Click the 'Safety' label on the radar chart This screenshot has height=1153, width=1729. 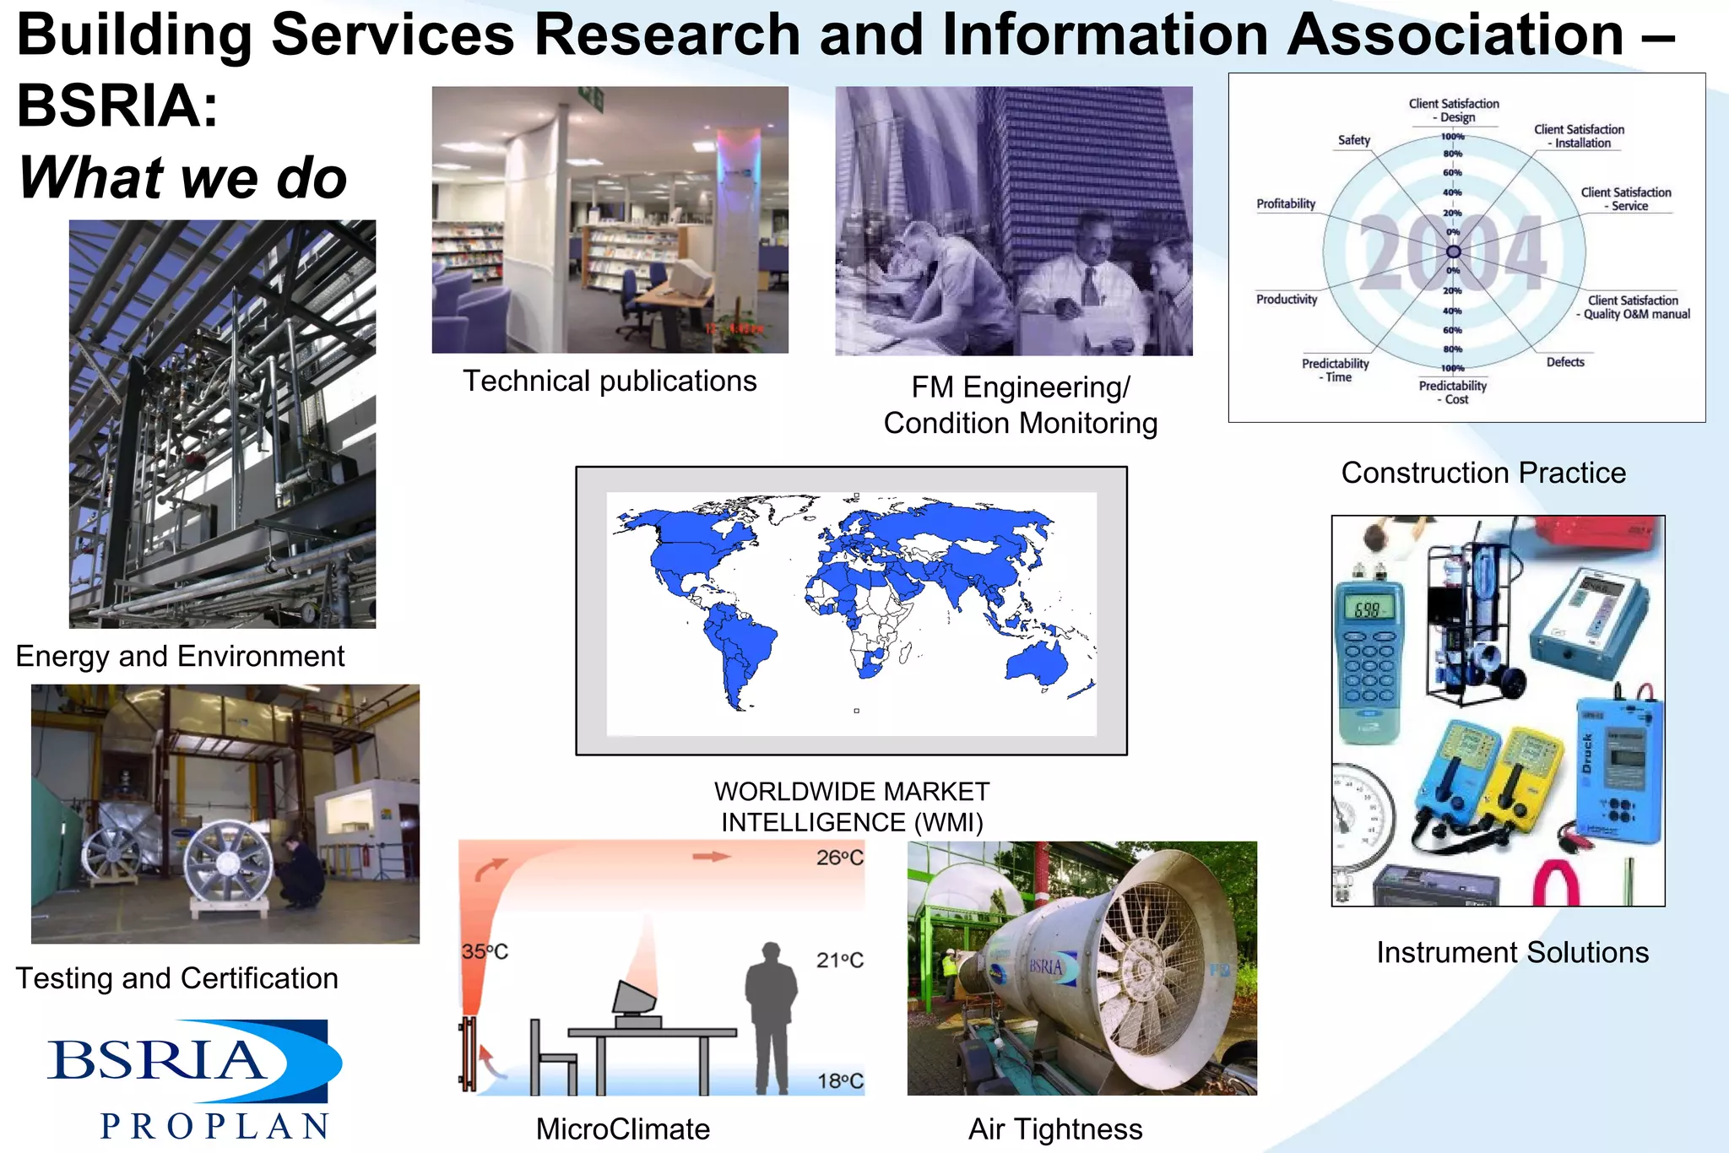[1353, 140]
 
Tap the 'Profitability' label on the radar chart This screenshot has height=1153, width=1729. [1285, 203]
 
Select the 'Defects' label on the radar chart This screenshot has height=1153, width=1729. [1564, 362]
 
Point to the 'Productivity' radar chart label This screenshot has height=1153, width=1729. [1286, 299]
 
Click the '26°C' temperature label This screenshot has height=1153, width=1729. [839, 858]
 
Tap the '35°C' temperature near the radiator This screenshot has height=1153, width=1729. [485, 951]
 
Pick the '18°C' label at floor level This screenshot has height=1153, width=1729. [840, 1080]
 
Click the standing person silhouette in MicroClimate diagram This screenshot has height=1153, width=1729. [771, 1013]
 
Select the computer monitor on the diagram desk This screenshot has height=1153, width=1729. [634, 1000]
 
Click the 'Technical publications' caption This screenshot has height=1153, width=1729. [610, 381]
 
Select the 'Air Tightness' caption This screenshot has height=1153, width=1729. [1055, 1129]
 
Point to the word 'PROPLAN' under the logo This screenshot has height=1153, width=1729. [215, 1126]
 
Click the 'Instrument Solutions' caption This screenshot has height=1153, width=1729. [1512, 952]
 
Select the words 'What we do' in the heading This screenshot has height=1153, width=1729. [182, 178]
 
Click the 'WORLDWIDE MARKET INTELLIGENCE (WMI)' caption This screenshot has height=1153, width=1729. [851, 807]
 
